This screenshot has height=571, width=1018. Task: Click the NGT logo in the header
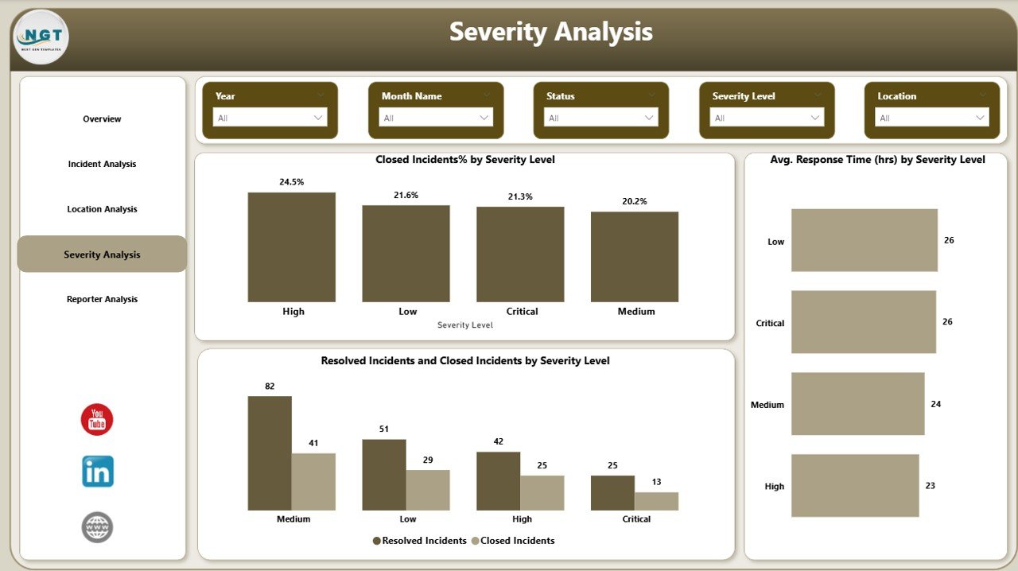pyautogui.click(x=41, y=37)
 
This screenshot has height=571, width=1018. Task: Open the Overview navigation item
pyautogui.click(x=102, y=119)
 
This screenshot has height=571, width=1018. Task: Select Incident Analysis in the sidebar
pyautogui.click(x=102, y=165)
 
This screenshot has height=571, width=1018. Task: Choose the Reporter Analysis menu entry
pyautogui.click(x=102, y=300)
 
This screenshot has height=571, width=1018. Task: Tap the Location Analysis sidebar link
pyautogui.click(x=102, y=210)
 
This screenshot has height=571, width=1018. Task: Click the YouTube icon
pyautogui.click(x=97, y=420)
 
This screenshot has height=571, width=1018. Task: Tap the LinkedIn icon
pyautogui.click(x=98, y=472)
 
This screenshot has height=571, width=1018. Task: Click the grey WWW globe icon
pyautogui.click(x=97, y=527)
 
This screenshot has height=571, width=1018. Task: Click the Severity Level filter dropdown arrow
pyautogui.click(x=815, y=118)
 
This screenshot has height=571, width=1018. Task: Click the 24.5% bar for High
pyautogui.click(x=291, y=247)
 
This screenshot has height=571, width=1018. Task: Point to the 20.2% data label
pyautogui.click(x=634, y=202)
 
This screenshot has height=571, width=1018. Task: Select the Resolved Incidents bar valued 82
pyautogui.click(x=269, y=453)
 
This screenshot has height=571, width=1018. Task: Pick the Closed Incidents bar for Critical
pyautogui.click(x=656, y=501)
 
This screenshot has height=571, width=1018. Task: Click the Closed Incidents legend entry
pyautogui.click(x=513, y=541)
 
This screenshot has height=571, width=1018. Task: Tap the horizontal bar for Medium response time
pyautogui.click(x=857, y=404)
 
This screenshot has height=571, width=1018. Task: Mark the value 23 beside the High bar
pyautogui.click(x=931, y=485)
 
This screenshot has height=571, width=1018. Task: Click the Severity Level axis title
pyautogui.click(x=465, y=325)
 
